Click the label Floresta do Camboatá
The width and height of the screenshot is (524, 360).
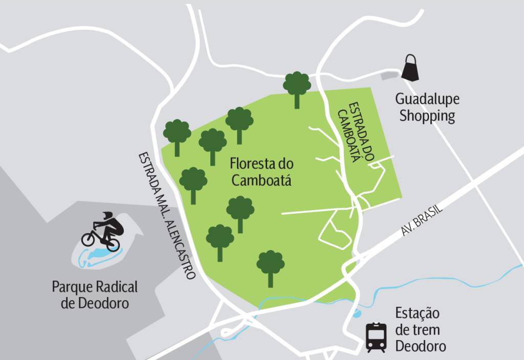point(261,172)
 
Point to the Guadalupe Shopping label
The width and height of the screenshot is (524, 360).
point(427,107)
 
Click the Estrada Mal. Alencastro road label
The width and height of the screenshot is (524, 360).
point(167,215)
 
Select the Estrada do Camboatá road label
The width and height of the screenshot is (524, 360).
point(359,131)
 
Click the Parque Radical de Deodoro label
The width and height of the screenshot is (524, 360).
point(95,295)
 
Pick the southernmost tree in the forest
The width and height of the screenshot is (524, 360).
point(270,268)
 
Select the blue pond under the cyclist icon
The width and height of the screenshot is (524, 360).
point(97,255)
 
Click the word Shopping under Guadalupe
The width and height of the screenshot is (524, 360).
point(427,116)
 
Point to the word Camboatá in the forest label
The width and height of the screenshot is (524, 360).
point(261,180)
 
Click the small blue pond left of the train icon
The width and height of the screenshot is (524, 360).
point(357,313)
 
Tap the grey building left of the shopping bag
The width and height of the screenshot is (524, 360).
point(389,75)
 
